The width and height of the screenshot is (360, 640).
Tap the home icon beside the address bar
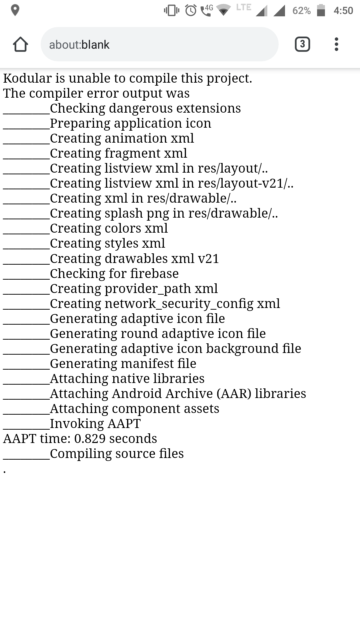(x=20, y=44)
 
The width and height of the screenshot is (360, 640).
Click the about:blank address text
(x=79, y=45)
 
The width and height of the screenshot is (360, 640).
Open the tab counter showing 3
(x=302, y=44)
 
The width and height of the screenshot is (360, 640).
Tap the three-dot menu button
(x=336, y=44)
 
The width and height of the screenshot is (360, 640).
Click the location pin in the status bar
(x=15, y=10)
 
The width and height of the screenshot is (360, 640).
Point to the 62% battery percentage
(x=301, y=11)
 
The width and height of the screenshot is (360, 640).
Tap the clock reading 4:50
(x=343, y=11)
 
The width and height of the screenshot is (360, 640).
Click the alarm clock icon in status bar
(x=191, y=10)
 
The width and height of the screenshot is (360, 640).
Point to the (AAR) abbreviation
(x=234, y=394)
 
